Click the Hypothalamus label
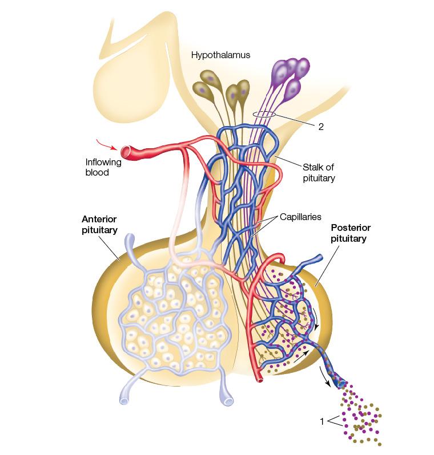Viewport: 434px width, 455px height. pyautogui.click(x=220, y=55)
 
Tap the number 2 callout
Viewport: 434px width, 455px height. pyautogui.click(x=321, y=127)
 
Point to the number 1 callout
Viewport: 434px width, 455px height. pyautogui.click(x=322, y=421)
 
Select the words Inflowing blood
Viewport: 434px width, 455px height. pyautogui.click(x=103, y=167)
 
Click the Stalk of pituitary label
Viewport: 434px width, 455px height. pyautogui.click(x=319, y=172)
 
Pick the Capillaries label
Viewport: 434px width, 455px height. pyautogui.click(x=300, y=217)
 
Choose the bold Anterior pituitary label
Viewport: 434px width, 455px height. pyautogui.click(x=99, y=224)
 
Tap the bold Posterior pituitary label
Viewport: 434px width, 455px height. pyautogui.click(x=350, y=233)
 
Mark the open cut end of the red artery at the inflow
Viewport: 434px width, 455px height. pyautogui.click(x=126, y=152)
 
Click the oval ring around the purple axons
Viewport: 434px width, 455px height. pyautogui.click(x=264, y=115)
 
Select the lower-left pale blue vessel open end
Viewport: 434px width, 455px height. pyautogui.click(x=124, y=401)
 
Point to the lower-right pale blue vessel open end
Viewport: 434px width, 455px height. pyautogui.click(x=228, y=401)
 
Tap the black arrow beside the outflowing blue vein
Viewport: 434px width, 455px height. pyautogui.click(x=325, y=376)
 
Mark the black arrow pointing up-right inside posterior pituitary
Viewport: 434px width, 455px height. pyautogui.click(x=301, y=356)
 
